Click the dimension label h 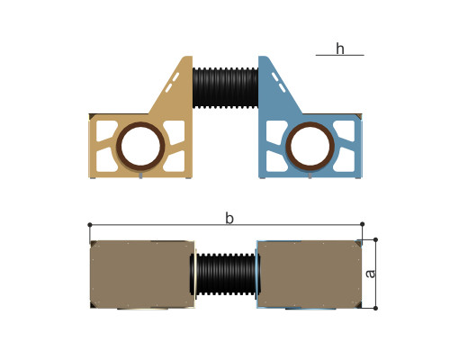tap(340, 49)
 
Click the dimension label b tap(229, 218)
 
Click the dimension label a tap(371, 274)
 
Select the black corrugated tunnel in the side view tap(225, 87)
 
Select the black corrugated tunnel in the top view tap(225, 274)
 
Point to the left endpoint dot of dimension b tap(90, 225)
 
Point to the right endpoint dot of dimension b tap(362, 224)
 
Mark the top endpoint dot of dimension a tap(375, 239)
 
